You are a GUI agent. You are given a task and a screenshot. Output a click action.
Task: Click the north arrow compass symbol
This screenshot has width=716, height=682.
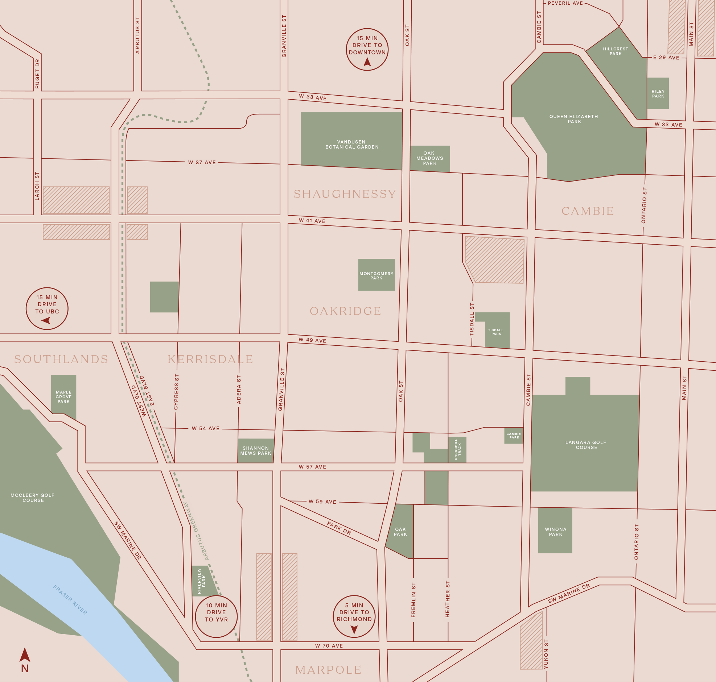coord(25,656)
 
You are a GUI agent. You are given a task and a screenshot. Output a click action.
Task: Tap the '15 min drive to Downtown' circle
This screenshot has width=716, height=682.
coord(367,49)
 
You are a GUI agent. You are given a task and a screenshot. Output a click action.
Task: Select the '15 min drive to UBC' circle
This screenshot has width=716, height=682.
coord(47,309)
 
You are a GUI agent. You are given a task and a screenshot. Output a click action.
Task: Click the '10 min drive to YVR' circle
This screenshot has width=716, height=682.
coord(217,616)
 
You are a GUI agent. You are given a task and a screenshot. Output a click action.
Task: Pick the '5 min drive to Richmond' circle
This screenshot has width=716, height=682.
coord(354,616)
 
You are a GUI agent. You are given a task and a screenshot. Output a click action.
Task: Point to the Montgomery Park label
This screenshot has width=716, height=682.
coord(376,276)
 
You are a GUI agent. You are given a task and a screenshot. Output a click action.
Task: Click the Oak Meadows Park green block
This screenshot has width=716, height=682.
coord(430,158)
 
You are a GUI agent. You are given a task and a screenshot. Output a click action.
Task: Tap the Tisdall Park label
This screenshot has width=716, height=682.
coord(496,332)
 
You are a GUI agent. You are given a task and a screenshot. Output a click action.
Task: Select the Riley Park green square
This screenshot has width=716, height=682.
coord(658,93)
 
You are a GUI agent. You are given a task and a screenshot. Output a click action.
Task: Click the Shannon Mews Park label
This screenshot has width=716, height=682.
coord(255,451)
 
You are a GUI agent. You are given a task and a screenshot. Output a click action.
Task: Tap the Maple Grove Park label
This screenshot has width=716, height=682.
coord(64,397)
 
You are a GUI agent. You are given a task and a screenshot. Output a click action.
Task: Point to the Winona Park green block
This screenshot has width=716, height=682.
coord(555,532)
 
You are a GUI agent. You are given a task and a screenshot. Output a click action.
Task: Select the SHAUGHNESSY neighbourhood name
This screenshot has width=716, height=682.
coord(345,194)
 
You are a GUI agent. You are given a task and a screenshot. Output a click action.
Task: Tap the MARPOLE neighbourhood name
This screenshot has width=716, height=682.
coord(328,670)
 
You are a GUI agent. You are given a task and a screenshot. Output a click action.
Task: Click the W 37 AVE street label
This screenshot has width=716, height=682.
coord(202,162)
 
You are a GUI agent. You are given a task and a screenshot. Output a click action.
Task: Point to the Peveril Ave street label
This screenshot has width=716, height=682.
coord(565,3)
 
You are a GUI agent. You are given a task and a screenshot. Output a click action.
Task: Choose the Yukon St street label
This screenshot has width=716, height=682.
coord(546,654)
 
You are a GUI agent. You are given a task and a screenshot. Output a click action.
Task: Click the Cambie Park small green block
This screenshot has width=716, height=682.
coord(514,436)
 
